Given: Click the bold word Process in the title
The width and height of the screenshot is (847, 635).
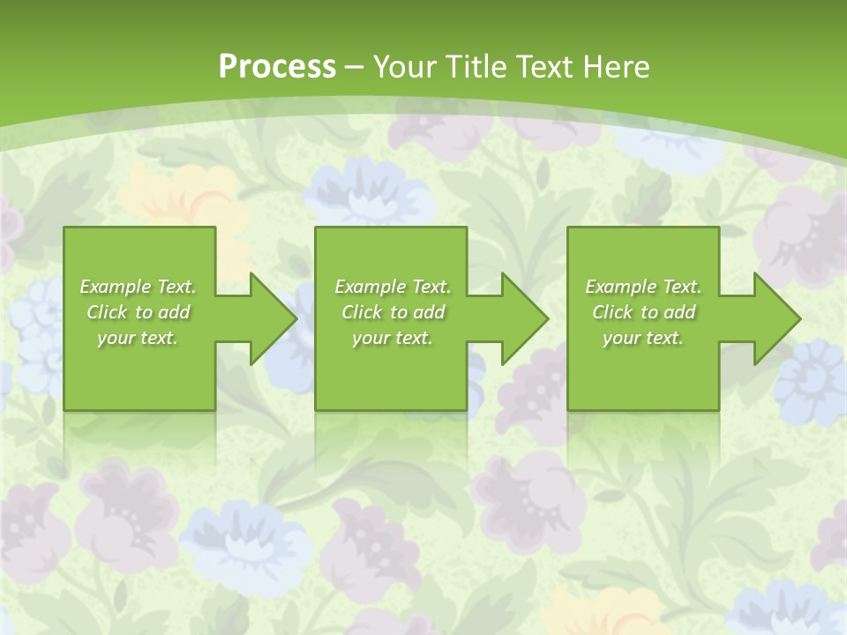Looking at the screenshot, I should (277, 67).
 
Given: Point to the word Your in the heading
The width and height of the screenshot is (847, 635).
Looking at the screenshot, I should (407, 67).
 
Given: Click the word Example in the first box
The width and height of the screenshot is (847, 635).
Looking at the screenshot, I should (116, 287).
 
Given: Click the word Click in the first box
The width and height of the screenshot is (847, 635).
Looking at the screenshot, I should (107, 312).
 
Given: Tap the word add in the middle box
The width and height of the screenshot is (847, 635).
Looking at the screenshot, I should (429, 312).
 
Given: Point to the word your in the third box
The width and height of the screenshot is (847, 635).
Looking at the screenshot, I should (622, 338).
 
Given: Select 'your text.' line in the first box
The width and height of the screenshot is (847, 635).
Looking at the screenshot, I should (138, 338).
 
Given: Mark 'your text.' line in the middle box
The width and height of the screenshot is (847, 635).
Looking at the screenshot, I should (393, 338).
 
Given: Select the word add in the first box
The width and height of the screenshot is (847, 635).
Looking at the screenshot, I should (174, 312).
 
